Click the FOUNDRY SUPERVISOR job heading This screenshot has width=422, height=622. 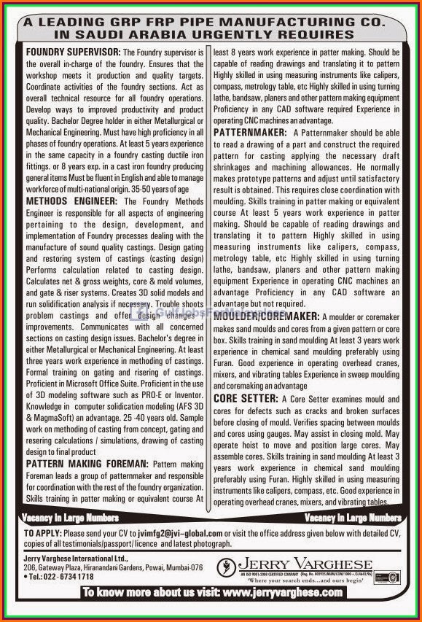pyautogui.click(x=73, y=53)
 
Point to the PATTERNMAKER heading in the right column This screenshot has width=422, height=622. pyautogui.click(x=250, y=132)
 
